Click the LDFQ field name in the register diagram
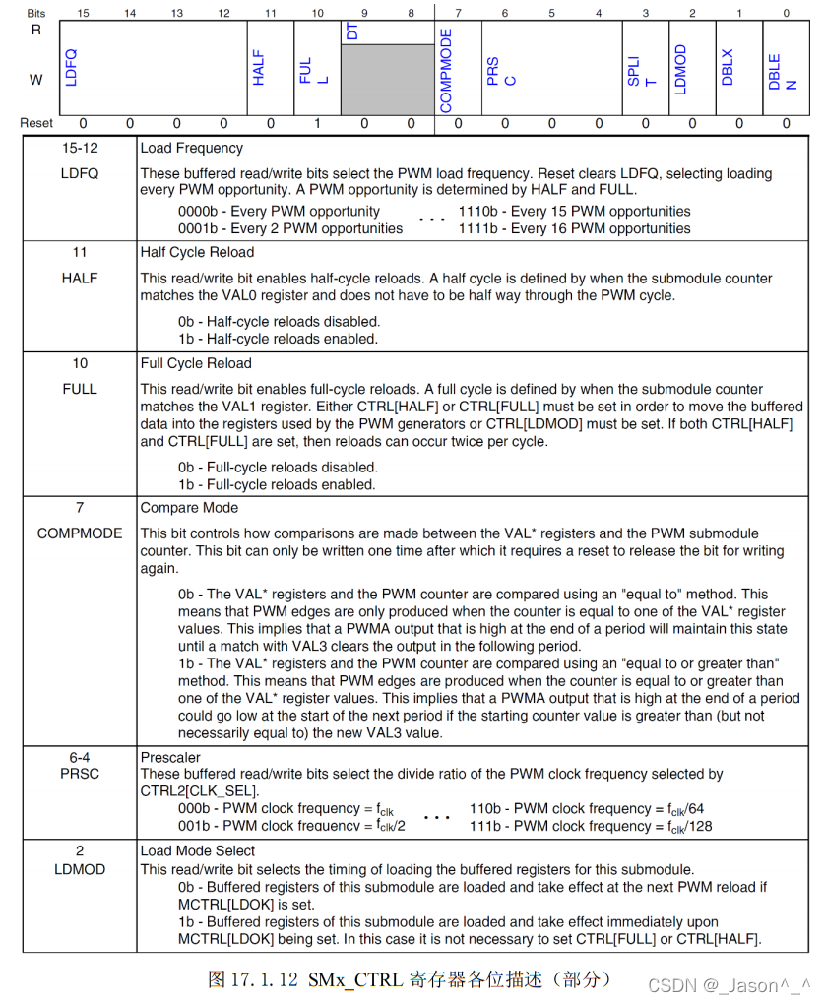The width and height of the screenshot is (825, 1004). coord(71,67)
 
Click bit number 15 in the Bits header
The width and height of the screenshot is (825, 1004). coord(83,12)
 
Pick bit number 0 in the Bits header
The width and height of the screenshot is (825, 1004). coord(786,12)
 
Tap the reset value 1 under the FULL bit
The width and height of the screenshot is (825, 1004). coord(317,124)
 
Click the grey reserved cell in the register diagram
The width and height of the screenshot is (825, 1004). coord(387,79)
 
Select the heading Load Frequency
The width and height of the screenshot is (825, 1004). coord(191,148)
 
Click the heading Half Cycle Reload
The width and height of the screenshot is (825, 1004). coord(197,252)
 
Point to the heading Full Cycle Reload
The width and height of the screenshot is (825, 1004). coord(196,363)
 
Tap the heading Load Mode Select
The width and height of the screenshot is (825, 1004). coord(198,850)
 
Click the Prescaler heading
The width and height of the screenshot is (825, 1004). coord(170,758)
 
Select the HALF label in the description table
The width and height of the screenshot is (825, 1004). coord(80,278)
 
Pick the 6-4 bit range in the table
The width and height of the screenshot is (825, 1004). coord(80,758)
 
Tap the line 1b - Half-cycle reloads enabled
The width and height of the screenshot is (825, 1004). coord(278,339)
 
